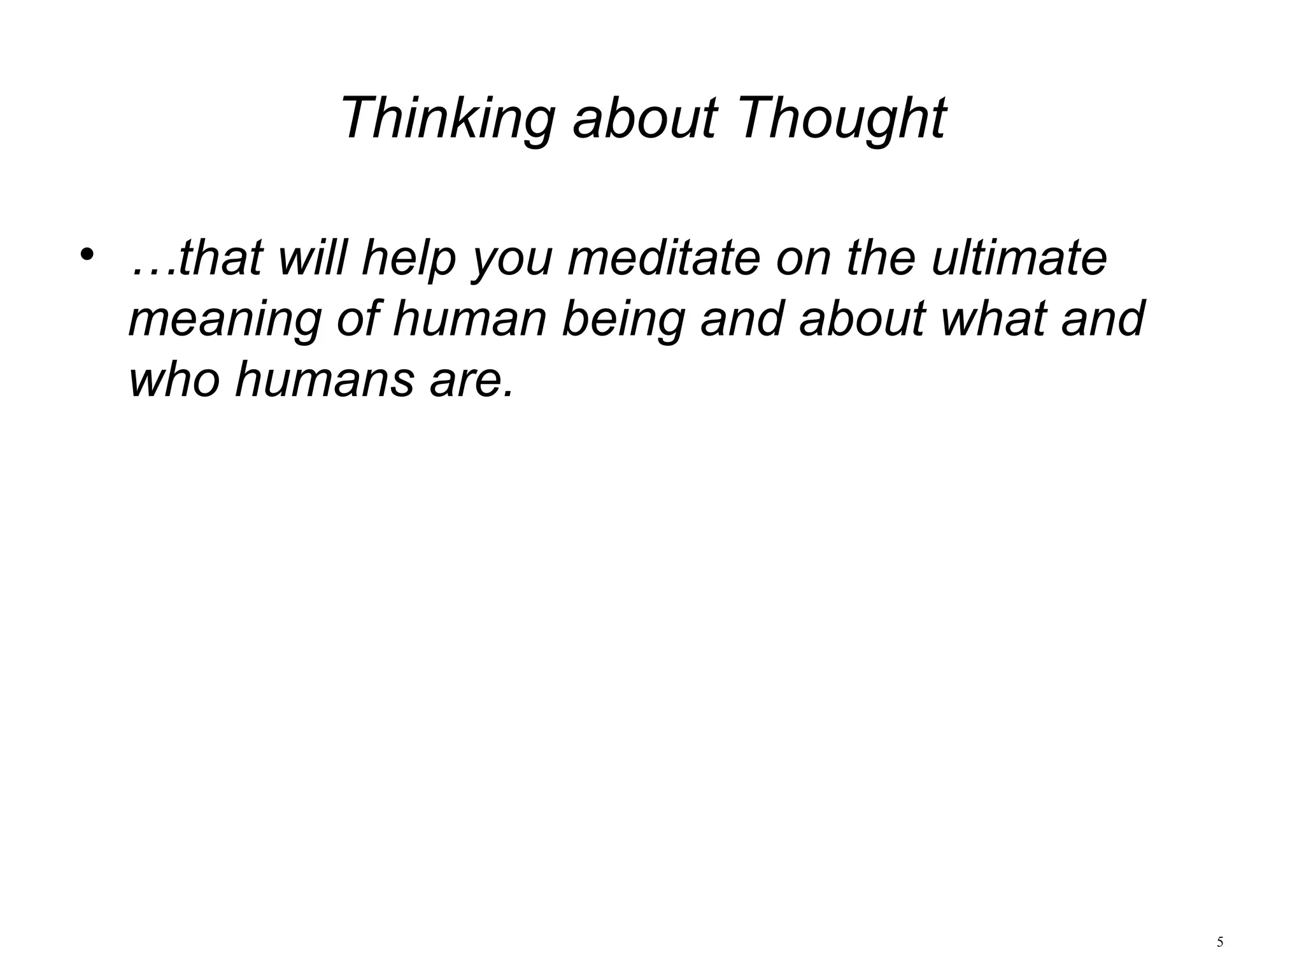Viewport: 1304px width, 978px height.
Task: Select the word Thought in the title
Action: (841, 119)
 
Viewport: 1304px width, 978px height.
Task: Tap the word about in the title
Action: (645, 119)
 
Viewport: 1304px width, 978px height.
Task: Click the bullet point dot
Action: (87, 255)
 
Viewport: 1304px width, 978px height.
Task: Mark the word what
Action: (993, 318)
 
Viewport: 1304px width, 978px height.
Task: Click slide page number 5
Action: (1219, 942)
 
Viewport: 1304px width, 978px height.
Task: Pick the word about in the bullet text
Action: (862, 318)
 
